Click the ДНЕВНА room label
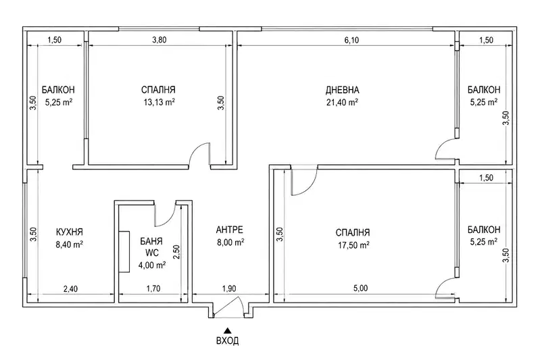click(343, 90)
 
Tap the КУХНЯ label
click(69, 232)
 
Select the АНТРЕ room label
click(230, 230)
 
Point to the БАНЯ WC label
click(151, 247)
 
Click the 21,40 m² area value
click(342, 102)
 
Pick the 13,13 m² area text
click(159, 102)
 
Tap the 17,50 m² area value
click(353, 245)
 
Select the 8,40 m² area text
click(69, 245)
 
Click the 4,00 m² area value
click(152, 265)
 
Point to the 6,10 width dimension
click(351, 41)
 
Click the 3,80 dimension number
click(159, 40)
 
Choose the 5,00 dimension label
click(361, 288)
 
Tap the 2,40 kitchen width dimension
click(70, 289)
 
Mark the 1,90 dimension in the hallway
click(228, 289)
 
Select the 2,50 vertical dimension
click(177, 252)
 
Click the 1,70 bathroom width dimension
click(153, 288)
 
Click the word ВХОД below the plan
click(227, 340)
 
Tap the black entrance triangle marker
click(227, 331)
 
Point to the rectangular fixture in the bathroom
click(124, 252)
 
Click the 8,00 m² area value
click(230, 242)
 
